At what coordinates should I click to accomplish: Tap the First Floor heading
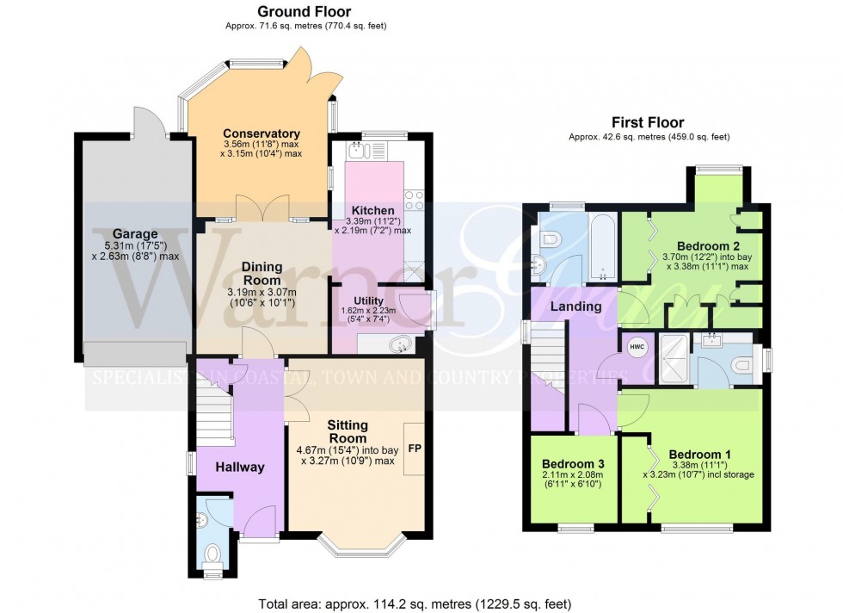point(647,122)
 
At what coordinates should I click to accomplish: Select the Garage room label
point(134,233)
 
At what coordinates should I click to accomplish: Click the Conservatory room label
point(261,133)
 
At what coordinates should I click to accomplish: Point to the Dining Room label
point(262,273)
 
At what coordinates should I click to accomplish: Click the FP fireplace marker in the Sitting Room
point(415,449)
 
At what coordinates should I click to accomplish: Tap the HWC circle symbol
point(637,347)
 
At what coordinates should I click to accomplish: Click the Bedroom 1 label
point(699,455)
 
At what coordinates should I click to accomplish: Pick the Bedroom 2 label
point(706,244)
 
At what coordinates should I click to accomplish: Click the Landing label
point(576,306)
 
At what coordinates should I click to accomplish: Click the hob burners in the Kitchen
point(414,200)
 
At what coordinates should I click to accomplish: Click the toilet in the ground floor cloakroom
point(212,551)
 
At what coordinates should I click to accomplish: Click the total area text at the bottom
point(415,604)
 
